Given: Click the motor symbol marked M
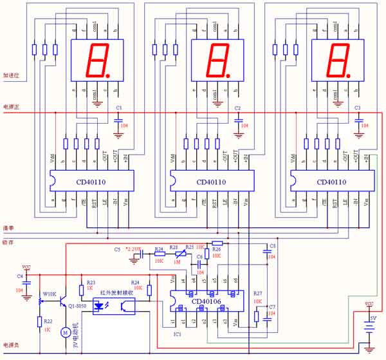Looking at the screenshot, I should [x=64, y=332].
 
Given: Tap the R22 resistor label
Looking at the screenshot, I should [x=48, y=320].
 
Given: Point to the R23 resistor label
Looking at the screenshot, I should [x=91, y=283].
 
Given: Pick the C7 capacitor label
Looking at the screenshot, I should [x=272, y=307].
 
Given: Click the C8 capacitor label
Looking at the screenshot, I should [x=272, y=246].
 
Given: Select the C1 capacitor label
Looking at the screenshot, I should [x=118, y=108].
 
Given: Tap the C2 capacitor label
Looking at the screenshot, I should [x=237, y=108].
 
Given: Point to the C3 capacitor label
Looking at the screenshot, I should [x=358, y=108].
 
